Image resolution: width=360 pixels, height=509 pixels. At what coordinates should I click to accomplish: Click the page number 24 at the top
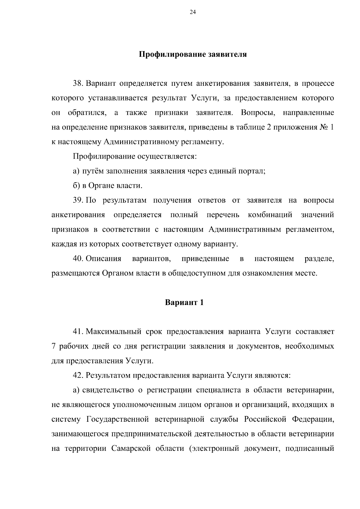[x=193, y=12]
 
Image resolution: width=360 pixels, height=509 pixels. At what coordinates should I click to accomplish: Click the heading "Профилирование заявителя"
[x=193, y=55]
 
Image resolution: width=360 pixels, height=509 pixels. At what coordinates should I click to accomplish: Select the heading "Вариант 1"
[x=184, y=302]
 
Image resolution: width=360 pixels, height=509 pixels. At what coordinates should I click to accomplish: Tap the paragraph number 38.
[x=78, y=83]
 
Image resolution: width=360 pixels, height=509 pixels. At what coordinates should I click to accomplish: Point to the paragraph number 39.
[x=78, y=200]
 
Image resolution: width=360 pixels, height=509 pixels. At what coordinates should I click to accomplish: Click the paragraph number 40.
[x=78, y=259]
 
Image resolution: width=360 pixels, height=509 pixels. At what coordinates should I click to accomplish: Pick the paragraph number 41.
[x=78, y=331]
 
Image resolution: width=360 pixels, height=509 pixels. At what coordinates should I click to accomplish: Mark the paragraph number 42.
[x=78, y=375]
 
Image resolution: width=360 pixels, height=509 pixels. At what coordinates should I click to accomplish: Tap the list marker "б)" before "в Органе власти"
[x=76, y=186]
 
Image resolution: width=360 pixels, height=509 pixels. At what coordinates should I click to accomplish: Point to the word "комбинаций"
[x=270, y=215]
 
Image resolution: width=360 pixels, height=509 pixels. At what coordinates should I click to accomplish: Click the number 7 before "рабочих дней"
[x=54, y=346]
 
